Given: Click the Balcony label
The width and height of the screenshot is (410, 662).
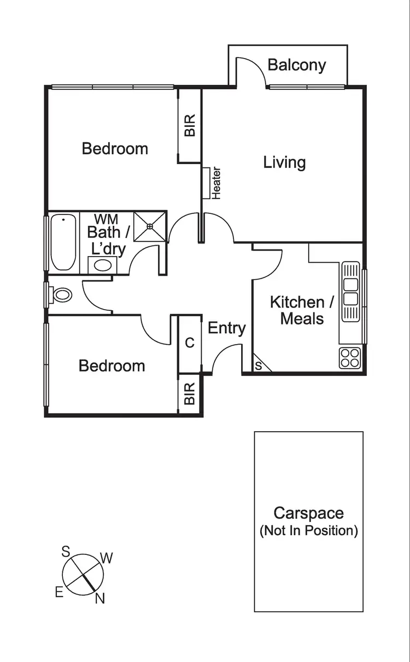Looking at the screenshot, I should (297, 65).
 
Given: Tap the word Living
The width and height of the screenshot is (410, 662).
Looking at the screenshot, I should (284, 162).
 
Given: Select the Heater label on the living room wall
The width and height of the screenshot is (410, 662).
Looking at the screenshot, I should (216, 183).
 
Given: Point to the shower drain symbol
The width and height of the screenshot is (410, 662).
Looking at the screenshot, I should (150, 225).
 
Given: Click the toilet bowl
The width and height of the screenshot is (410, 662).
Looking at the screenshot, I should (62, 295).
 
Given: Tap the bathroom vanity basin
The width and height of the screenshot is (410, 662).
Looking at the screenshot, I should (101, 266).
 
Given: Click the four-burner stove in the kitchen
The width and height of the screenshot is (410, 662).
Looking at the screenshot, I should (350, 358).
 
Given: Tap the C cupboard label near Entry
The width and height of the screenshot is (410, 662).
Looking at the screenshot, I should (190, 343).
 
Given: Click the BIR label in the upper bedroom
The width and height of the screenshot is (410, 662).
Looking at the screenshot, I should (190, 125).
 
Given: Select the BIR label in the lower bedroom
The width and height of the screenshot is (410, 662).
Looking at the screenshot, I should (190, 394).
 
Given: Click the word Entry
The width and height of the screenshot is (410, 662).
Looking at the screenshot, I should (227, 328).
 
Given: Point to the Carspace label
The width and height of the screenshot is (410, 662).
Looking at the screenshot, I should (308, 513).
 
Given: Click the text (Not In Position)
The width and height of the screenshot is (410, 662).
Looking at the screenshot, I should (308, 530).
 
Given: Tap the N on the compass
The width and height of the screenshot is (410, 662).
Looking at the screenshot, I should (99, 599).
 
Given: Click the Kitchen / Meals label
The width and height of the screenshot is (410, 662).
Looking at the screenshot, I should (302, 310).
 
